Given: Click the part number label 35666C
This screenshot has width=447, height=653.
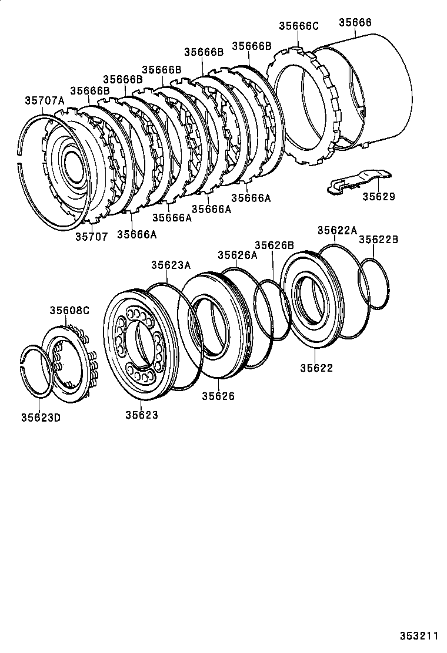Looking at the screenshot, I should pos(298,26).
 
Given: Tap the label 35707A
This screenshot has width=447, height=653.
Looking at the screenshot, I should pos(44,100).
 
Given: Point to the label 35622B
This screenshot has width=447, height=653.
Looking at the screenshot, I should pos(379,240).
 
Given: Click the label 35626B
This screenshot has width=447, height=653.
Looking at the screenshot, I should pos(274,245).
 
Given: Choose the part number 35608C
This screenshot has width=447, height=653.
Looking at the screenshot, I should pos(69,310).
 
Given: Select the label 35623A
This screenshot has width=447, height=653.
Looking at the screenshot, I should pos(171,265).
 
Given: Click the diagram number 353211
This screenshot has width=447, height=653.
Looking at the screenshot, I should pos(420,635).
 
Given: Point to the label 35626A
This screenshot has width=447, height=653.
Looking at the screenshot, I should pos(238,255).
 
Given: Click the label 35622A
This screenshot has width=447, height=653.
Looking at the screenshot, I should pos(337,231).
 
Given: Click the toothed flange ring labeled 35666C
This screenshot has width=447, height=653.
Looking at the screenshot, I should pos(300,100).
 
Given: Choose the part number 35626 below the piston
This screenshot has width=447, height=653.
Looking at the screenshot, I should pos(218,396).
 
